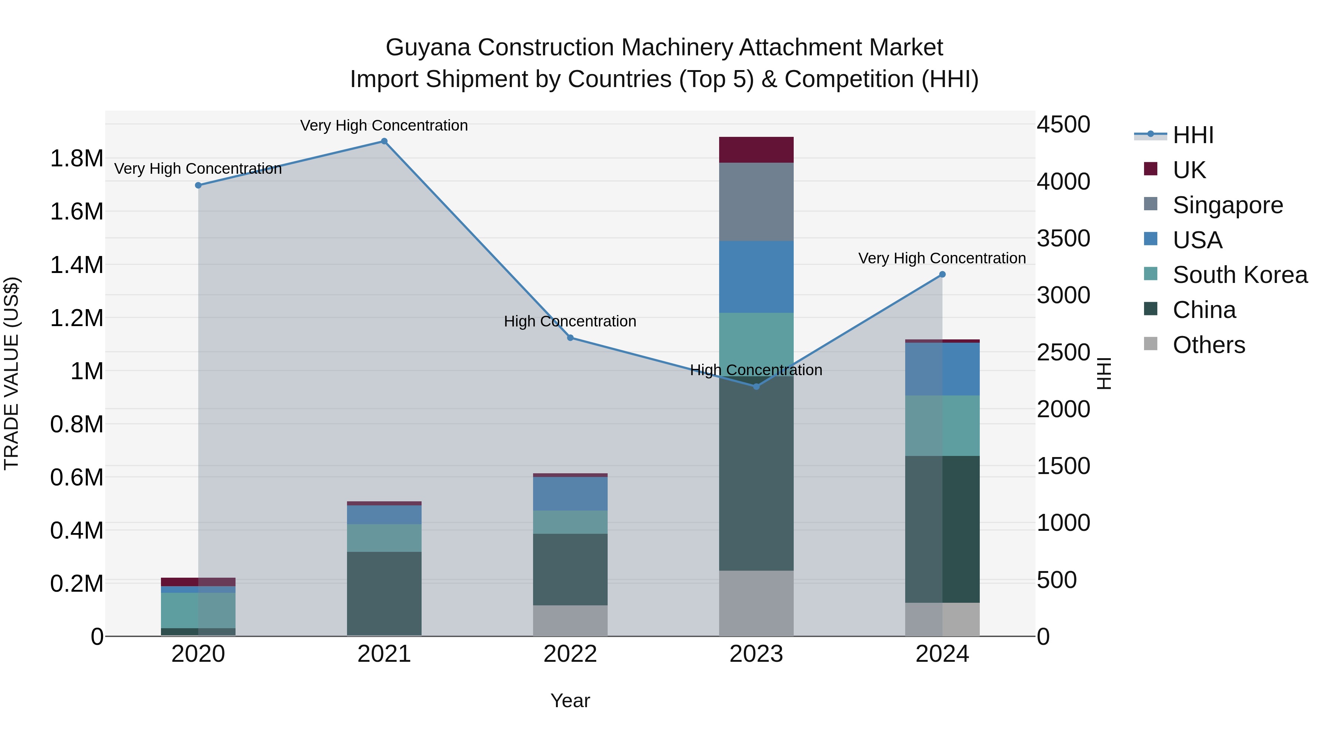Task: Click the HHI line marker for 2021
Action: pos(384,141)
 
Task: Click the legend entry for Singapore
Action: pos(1227,205)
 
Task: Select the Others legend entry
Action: pos(1208,345)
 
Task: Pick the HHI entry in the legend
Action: pos(1192,135)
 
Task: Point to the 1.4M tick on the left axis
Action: pos(76,265)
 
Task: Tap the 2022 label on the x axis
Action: pos(570,654)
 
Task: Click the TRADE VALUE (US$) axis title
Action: pos(12,373)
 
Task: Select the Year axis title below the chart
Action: pos(570,701)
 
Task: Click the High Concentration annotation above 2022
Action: pos(570,321)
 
